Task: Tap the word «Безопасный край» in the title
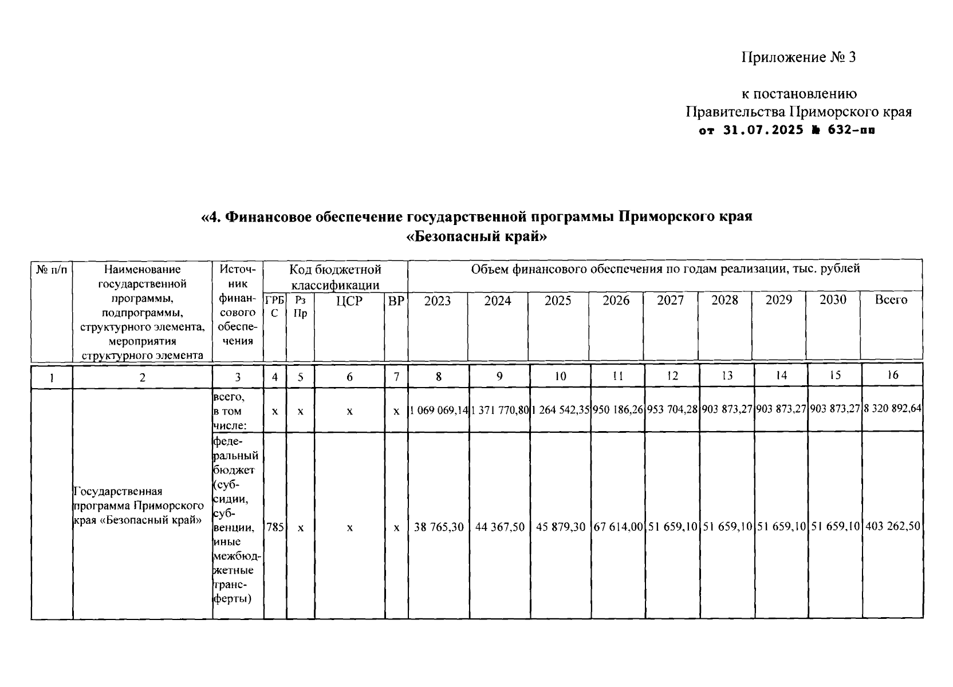pyautogui.click(x=476, y=236)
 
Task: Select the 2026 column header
pyautogui.click(x=616, y=301)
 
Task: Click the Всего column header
pyautogui.click(x=891, y=300)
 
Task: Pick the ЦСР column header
pyautogui.click(x=349, y=301)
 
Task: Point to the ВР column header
pyautogui.click(x=396, y=301)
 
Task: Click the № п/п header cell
pyautogui.click(x=52, y=269)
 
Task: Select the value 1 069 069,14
pyautogui.click(x=438, y=410)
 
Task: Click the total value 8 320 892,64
pyautogui.click(x=892, y=410)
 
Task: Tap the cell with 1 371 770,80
pyautogui.click(x=499, y=410)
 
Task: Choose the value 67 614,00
pyautogui.click(x=618, y=527)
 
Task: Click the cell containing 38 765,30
pyautogui.click(x=439, y=527)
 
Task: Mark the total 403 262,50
pyautogui.click(x=892, y=527)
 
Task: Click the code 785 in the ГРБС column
pyautogui.click(x=275, y=527)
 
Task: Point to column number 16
pyautogui.click(x=892, y=376)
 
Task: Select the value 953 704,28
pyautogui.click(x=672, y=410)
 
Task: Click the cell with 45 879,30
pyautogui.click(x=560, y=527)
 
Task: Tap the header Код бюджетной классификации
pyautogui.click(x=335, y=277)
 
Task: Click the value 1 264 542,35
pyautogui.click(x=560, y=410)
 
